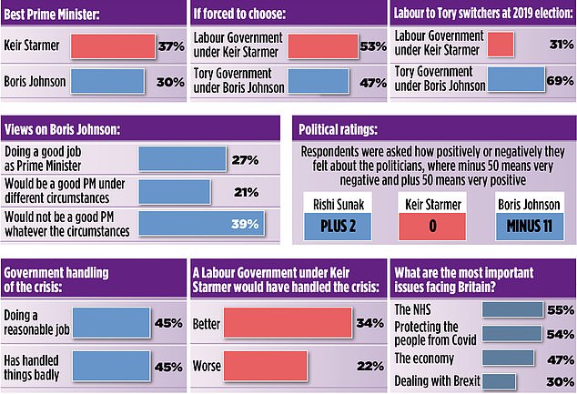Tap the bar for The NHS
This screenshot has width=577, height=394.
pos(511,309)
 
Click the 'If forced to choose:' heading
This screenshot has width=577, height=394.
pos(240,13)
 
